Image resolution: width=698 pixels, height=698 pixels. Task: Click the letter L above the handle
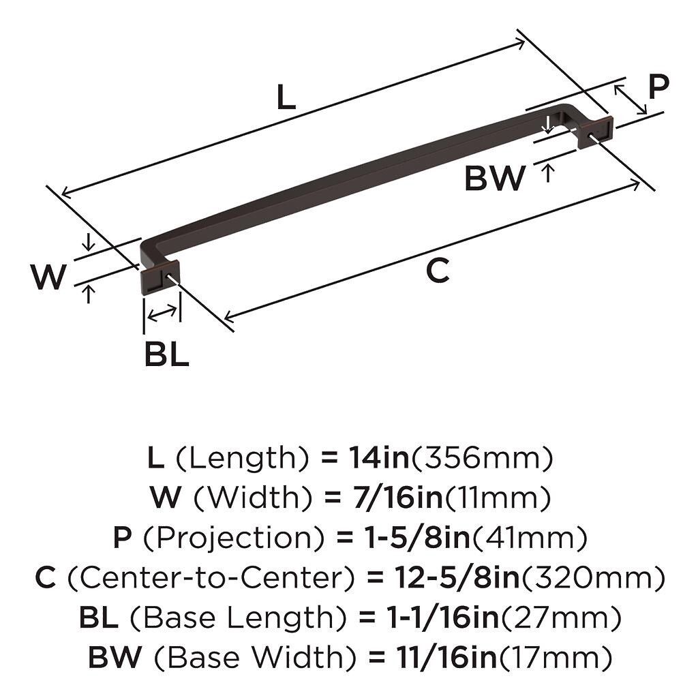click(286, 97)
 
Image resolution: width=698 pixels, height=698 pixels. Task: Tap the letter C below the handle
click(438, 270)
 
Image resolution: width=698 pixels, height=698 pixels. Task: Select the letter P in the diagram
click(658, 87)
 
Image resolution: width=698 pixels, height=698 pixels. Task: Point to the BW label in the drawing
click(495, 179)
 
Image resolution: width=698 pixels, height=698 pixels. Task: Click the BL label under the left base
click(167, 354)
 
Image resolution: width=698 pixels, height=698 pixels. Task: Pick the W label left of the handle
click(48, 277)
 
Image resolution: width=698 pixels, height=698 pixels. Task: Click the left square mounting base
click(159, 276)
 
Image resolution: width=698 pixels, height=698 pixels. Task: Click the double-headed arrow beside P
click(631, 100)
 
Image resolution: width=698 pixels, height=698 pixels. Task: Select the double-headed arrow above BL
click(162, 314)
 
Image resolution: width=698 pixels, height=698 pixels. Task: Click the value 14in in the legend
click(379, 457)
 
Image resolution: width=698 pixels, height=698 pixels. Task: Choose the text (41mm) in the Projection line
click(528, 537)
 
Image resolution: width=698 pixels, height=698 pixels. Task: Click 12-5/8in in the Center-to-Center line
click(457, 577)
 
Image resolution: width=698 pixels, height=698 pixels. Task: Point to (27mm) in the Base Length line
click(560, 618)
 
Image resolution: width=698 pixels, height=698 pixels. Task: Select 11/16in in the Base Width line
click(446, 658)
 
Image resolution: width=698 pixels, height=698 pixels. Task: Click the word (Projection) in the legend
click(234, 538)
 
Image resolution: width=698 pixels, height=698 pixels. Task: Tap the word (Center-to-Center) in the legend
click(211, 578)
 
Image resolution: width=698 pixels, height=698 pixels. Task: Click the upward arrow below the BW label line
click(547, 172)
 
